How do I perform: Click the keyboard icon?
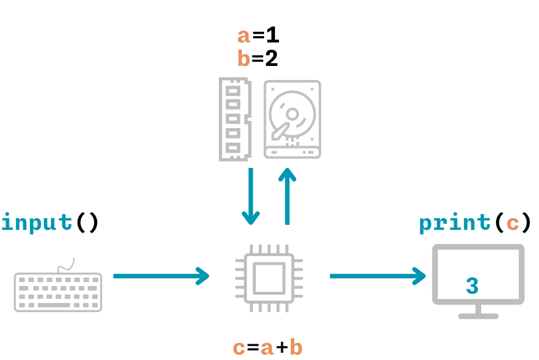click(58, 292)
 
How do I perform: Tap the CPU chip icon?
click(269, 278)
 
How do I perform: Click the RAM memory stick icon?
click(234, 119)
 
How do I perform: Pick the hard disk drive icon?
click(292, 119)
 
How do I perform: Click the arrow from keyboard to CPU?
click(161, 276)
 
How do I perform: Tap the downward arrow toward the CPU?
click(251, 196)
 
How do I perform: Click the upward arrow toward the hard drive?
click(287, 196)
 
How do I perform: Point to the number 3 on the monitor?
click(472, 286)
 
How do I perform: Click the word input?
click(37, 222)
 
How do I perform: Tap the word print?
click(455, 223)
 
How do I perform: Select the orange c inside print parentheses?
click(513, 223)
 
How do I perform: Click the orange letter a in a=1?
click(244, 36)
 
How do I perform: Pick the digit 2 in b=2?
click(271, 59)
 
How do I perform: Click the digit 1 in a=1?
click(272, 36)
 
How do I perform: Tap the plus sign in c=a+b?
click(282, 348)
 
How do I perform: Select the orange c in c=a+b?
click(239, 348)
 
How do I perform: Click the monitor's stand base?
click(478, 316)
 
